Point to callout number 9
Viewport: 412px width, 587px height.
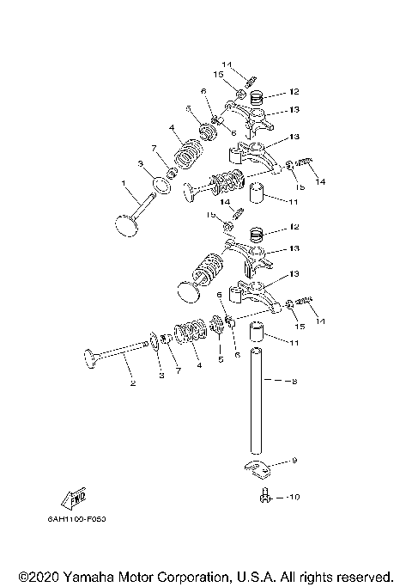tap(294, 461)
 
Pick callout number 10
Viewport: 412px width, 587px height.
tap(294, 496)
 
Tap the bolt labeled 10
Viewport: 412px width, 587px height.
tap(266, 495)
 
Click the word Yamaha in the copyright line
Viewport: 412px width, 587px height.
tap(88, 575)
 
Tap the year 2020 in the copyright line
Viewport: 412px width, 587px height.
tap(41, 575)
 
